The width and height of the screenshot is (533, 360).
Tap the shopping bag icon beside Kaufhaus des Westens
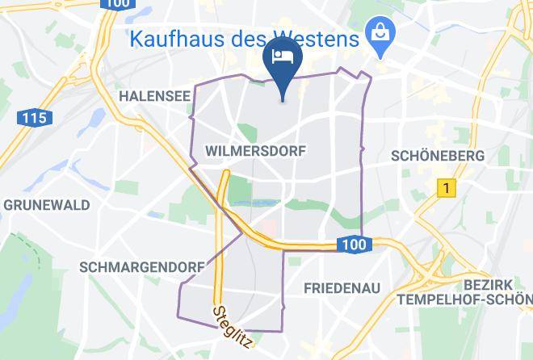377,33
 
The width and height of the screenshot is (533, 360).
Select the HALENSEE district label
154,96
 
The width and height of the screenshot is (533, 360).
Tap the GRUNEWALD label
47,205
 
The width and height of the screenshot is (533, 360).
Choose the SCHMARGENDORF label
128,266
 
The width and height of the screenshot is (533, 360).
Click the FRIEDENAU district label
342,287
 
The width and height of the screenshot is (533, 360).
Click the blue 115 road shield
33,118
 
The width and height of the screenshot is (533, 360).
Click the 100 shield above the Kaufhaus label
116,4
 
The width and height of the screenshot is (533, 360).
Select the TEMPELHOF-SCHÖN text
464,299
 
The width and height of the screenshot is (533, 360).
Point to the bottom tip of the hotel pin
283,100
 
